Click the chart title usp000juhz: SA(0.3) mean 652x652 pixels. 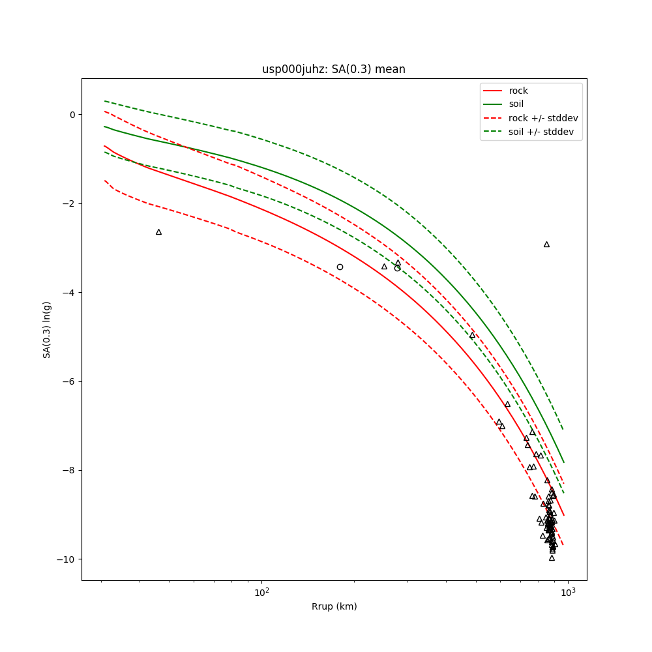click(x=334, y=69)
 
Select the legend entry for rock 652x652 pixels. click(x=518, y=91)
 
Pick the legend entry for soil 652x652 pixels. click(x=516, y=104)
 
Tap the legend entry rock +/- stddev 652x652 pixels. click(x=543, y=118)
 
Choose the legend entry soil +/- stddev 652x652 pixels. click(x=543, y=132)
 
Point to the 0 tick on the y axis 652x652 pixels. click(x=71, y=115)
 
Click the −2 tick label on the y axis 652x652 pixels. click(x=68, y=203)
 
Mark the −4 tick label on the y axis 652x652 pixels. click(x=68, y=293)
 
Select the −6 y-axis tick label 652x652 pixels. click(x=68, y=381)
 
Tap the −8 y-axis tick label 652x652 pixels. click(x=68, y=471)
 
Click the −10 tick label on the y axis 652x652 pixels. click(x=66, y=559)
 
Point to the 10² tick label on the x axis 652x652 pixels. click(x=261, y=593)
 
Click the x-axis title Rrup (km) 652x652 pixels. click(x=334, y=606)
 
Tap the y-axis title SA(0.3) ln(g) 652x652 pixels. click(x=47, y=329)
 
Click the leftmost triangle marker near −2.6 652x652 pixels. click(x=158, y=232)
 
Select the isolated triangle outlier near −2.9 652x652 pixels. click(x=546, y=244)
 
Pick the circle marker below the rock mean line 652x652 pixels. click(x=340, y=267)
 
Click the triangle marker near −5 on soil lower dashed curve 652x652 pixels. click(x=472, y=335)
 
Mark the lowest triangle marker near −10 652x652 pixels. click(x=552, y=558)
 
